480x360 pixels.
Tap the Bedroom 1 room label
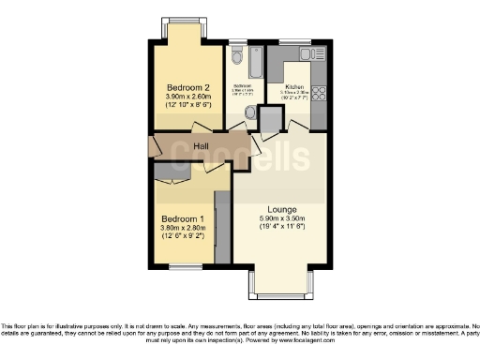click(184, 216)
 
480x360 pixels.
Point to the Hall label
click(201, 146)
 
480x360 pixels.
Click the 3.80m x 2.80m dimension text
click(184, 226)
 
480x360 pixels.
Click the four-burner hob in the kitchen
click(318, 93)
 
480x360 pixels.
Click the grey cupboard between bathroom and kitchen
click(270, 119)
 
